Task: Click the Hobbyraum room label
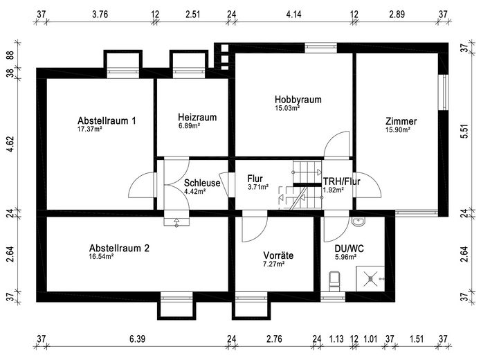[x=298, y=100]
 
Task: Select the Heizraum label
[x=197, y=118]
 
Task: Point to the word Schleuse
[x=202, y=183]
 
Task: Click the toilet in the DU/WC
[x=336, y=280]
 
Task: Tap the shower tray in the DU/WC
[x=373, y=276]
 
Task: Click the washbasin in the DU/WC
[x=358, y=222]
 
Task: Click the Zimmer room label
[x=401, y=121]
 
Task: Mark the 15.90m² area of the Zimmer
[x=398, y=129]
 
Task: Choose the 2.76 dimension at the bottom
[x=274, y=339]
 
